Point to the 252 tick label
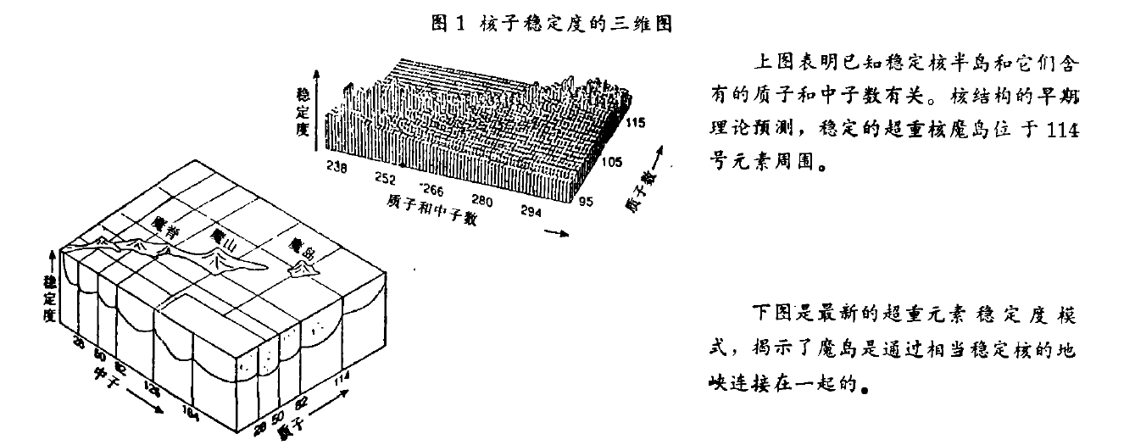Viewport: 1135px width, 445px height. (385, 179)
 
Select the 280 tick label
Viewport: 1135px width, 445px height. (481, 201)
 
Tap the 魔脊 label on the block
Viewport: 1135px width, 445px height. (160, 224)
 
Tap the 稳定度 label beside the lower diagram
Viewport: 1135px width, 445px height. (50, 296)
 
